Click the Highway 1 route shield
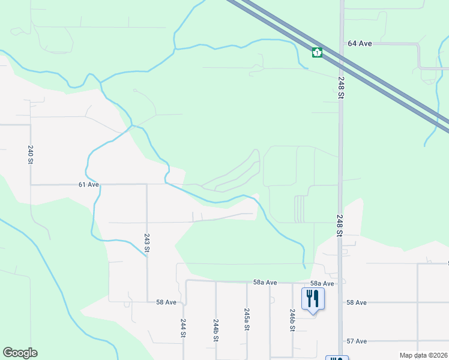pos(317,53)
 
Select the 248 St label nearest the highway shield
pos(341,87)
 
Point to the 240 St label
pos(30,155)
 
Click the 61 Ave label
pos(89,185)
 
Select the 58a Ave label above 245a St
pos(264,282)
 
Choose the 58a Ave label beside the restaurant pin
pos(322,283)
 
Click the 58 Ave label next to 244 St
pos(166,302)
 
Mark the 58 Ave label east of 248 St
pos(357,302)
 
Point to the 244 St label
pos(183,329)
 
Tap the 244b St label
pos(215,330)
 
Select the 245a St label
pos(247,320)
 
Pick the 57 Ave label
pos(357,341)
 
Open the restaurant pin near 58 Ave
pos(313,298)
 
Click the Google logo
pos(20,353)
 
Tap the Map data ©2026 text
pos(423,355)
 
